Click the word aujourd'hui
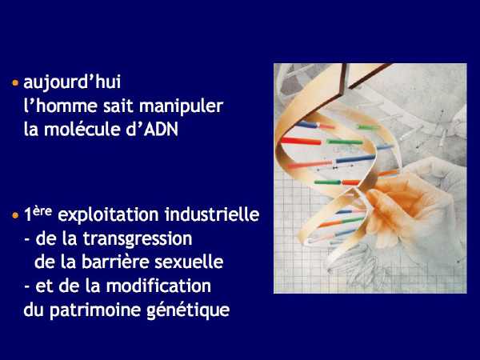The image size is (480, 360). pos(72,82)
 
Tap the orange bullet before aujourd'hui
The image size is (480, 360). pos(15,82)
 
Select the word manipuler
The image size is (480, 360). pos(182,107)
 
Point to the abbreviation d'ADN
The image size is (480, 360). pos(152,129)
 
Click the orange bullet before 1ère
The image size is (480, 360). pos(15,215)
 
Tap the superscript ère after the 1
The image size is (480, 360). pos(42,211)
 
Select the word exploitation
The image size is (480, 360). pos(108,214)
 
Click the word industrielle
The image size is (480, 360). pos(212,214)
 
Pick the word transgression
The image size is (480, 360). pos(138,239)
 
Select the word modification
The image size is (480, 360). pos(158,286)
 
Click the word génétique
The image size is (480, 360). pos(188,310)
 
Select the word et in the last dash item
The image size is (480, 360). pos(44,286)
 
